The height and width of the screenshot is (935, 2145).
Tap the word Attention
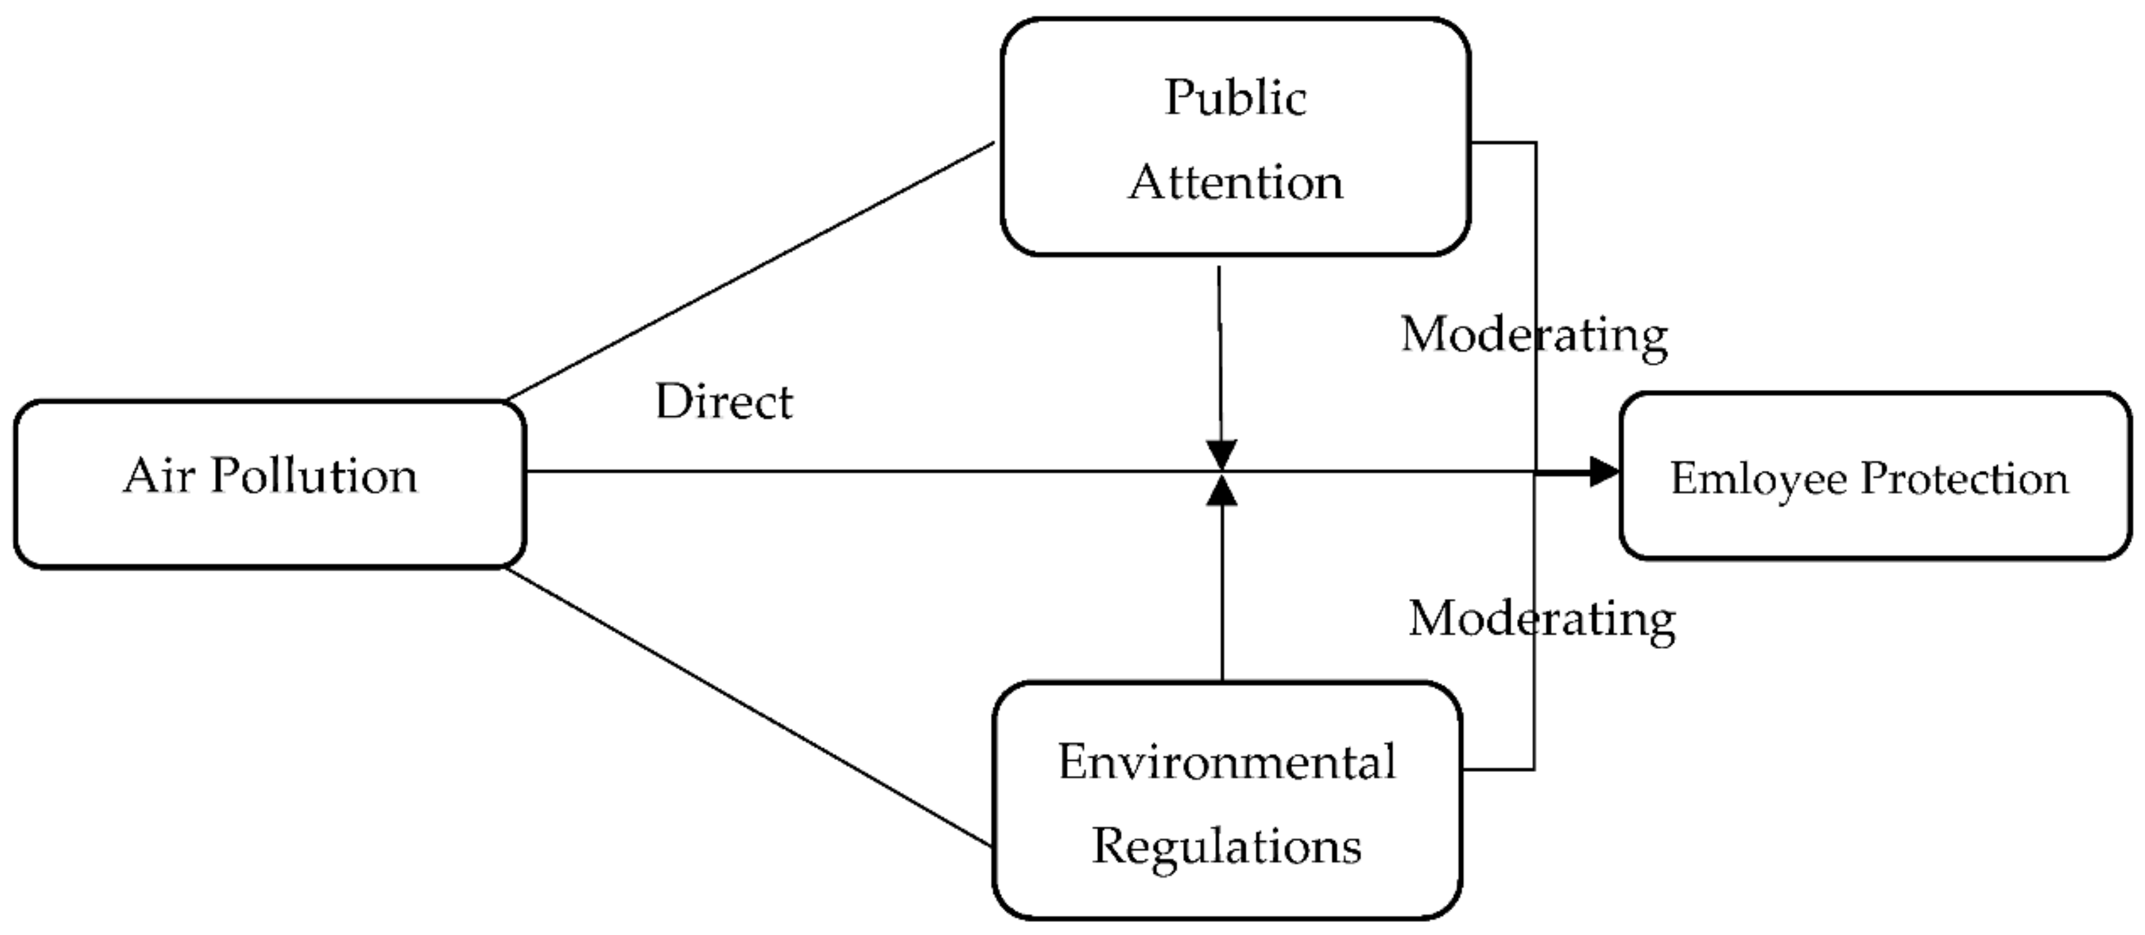click(x=1235, y=182)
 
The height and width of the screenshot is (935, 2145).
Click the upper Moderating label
click(x=1534, y=335)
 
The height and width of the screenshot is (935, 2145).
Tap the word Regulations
click(x=1226, y=846)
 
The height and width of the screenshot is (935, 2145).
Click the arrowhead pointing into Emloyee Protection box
click(x=1603, y=472)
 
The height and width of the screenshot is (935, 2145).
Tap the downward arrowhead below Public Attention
click(x=1222, y=456)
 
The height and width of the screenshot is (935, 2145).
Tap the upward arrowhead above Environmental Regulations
click(x=1222, y=491)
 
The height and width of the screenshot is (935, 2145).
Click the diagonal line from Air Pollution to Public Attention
click(x=750, y=272)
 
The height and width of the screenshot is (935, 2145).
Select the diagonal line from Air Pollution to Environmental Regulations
click(x=750, y=707)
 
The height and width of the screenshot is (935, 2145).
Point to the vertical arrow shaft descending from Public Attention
click(x=1220, y=350)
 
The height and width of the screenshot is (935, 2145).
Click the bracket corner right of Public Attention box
click(x=1535, y=144)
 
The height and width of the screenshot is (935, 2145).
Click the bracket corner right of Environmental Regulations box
click(x=1534, y=769)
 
